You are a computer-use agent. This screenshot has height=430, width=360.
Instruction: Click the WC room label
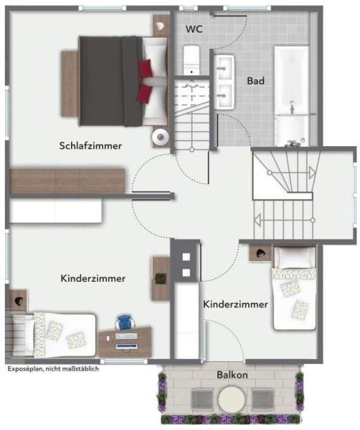[194, 29]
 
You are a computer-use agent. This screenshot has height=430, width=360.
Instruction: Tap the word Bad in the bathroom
[256, 81]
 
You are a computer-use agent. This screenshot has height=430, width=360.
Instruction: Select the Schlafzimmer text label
[90, 145]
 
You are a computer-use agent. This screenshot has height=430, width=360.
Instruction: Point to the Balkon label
[232, 375]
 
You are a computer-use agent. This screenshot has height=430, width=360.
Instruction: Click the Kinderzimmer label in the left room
[93, 277]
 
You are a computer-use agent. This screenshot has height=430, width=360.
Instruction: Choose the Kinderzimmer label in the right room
[236, 305]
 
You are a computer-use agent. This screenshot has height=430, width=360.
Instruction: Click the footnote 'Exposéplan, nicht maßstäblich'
[52, 369]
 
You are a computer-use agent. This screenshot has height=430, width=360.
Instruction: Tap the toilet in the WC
[191, 59]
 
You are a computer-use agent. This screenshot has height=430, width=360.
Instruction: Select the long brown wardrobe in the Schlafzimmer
[68, 181]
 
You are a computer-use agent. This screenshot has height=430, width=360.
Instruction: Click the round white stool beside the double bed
[159, 136]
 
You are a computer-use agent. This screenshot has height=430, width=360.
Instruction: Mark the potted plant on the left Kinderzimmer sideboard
[161, 278]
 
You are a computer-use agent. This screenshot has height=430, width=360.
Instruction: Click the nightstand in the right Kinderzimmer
[260, 253]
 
